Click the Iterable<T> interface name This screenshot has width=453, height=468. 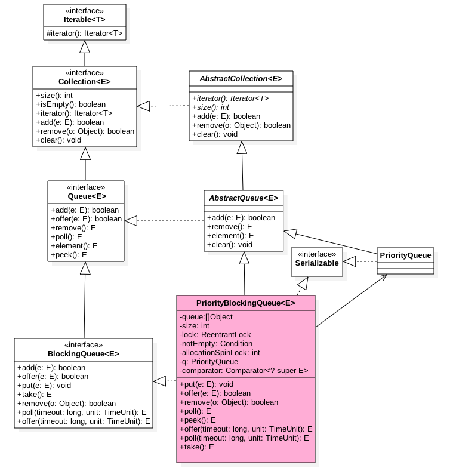coord(84,19)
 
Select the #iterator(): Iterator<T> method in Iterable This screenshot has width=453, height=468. coord(84,34)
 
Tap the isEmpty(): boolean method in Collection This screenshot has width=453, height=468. coord(71,104)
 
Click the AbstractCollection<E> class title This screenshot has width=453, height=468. coord(242,79)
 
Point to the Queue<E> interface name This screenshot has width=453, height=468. coord(87,195)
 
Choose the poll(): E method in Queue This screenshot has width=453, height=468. coord(67,236)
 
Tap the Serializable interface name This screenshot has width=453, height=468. coord(317,263)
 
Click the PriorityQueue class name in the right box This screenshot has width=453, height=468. coord(405,255)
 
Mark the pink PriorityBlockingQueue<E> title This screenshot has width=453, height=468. coord(245,303)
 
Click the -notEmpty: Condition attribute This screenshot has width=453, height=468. coord(215,344)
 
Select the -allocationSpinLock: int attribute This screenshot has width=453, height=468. coord(219,353)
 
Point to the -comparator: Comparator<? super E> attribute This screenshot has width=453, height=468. coord(244,371)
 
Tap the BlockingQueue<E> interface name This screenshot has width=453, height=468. coord(84,353)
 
